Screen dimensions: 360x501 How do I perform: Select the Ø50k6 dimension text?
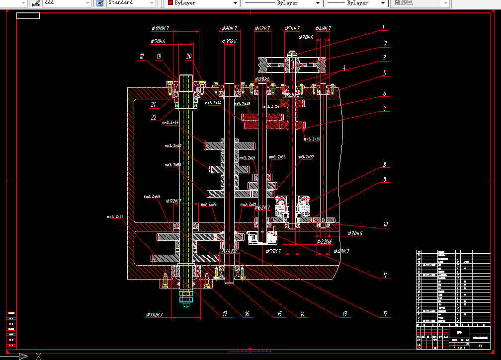coord(159,42)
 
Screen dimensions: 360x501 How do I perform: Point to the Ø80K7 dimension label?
coord(228,29)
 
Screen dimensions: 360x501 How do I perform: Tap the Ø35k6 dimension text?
coord(229,42)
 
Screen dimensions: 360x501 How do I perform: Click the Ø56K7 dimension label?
coord(292,29)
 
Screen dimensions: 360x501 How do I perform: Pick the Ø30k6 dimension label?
coord(262,79)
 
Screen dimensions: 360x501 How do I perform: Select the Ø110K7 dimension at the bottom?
coord(155,315)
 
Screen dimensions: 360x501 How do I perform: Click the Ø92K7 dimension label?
coord(174,202)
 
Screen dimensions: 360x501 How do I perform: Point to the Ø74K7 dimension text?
coord(229,251)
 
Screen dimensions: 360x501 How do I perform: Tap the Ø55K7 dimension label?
coord(273,251)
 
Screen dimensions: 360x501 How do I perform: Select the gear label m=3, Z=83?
coord(115,216)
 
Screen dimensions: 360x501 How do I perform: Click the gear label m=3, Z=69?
coord(152,196)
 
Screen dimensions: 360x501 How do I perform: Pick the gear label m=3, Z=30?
coord(312,140)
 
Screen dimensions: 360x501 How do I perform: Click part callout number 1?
coord(384,27)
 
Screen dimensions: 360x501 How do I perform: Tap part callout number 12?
coord(384,314)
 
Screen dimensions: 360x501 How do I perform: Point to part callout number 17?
coord(225,314)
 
